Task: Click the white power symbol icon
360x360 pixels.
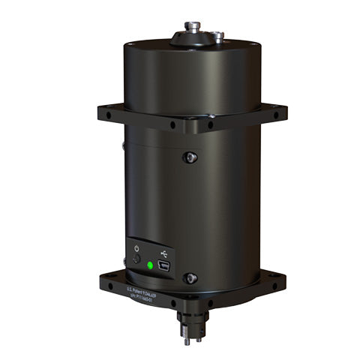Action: pos(136,248)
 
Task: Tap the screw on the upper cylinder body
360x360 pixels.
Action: pos(191,157)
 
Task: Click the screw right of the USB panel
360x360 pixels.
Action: pos(190,277)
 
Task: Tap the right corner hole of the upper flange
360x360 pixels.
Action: pos(274,115)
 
